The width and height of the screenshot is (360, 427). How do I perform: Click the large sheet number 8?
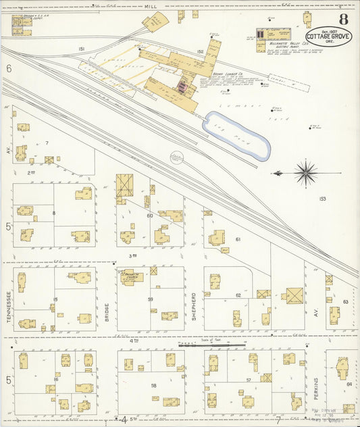click(x=344, y=18)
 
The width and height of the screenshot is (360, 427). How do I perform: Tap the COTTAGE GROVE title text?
click(x=328, y=36)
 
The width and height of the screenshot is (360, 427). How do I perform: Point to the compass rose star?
click(x=305, y=173)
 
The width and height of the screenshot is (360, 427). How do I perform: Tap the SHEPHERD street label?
click(x=193, y=306)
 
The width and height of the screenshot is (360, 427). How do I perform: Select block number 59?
click(x=151, y=299)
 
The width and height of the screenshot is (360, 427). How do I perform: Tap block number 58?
click(x=155, y=384)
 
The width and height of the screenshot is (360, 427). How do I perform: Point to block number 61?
click(x=238, y=239)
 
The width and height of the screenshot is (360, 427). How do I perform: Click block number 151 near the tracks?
click(x=81, y=49)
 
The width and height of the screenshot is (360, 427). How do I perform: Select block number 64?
click(x=349, y=384)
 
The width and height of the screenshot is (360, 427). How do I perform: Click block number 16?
click(x=57, y=380)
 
